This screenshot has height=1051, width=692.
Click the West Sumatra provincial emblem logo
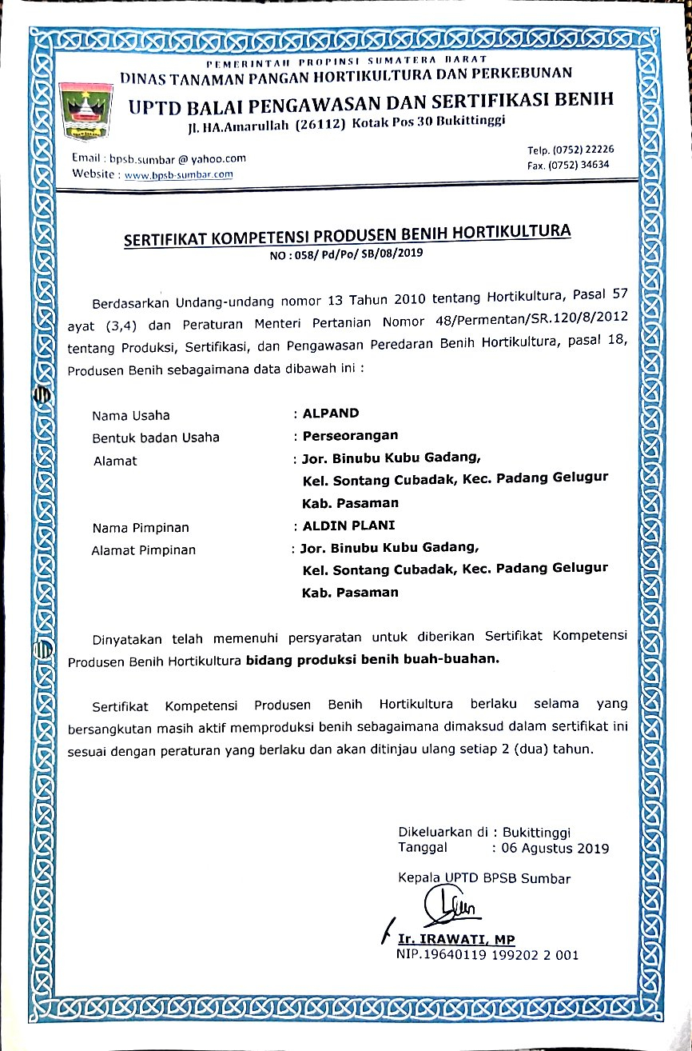pyautogui.click(x=85, y=108)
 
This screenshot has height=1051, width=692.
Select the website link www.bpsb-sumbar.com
pyautogui.click(x=175, y=174)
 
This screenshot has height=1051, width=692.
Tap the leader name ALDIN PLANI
pyautogui.click(x=348, y=527)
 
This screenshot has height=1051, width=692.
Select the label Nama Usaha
pyautogui.click(x=131, y=415)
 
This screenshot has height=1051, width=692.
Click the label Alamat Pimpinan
pyautogui.click(x=144, y=549)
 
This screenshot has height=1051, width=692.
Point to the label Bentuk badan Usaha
pyautogui.click(x=156, y=438)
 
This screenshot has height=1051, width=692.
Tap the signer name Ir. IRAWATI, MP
pyautogui.click(x=457, y=939)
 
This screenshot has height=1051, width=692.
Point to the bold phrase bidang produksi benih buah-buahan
pyautogui.click(x=372, y=660)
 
